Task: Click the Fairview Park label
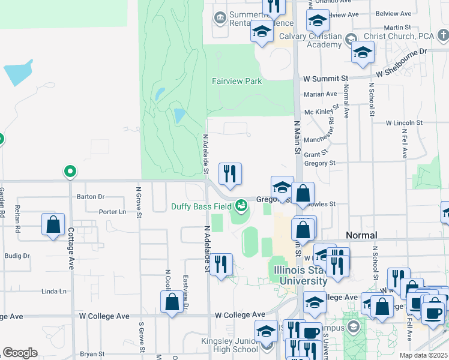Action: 237,81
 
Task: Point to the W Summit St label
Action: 325,79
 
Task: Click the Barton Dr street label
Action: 91,196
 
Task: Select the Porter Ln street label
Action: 112,211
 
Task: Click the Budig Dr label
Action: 17,256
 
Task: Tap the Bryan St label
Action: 92,354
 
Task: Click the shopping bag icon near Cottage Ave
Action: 53,225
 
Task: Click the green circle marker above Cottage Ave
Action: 70,172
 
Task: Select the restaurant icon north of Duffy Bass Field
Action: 230,174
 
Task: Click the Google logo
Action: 20,352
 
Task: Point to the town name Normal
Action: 361,235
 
